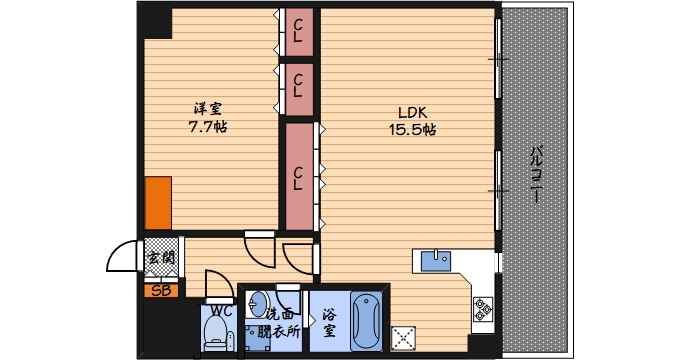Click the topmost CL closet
[x=299, y=36]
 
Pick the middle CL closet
[x=299, y=86]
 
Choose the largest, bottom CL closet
[x=299, y=176]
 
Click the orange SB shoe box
[x=159, y=291]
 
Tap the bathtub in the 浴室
[x=366, y=321]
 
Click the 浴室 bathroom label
[x=327, y=322]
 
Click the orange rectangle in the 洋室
[x=157, y=204]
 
